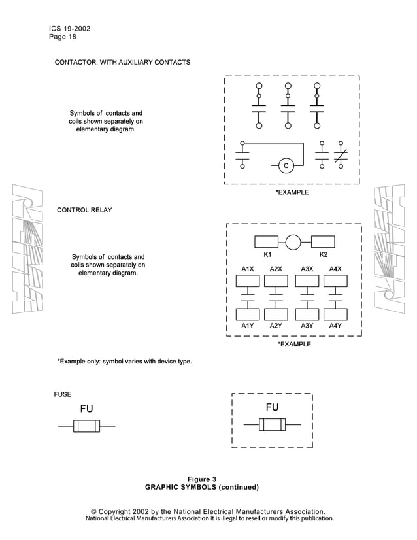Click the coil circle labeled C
coord(286,166)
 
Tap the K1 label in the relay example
coord(267,254)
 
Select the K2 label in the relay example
coord(323,254)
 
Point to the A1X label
coord(248,269)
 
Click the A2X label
coord(276,269)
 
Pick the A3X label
coord(307,269)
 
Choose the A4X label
coord(335,269)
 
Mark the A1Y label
coord(248,325)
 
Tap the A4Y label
coord(335,325)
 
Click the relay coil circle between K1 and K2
coord(293,242)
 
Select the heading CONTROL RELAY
coord(84,210)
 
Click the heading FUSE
coord(62,394)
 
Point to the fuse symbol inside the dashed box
coord(272,425)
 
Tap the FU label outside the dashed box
coord(86,409)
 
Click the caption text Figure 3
coord(202,479)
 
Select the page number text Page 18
coord(62,37)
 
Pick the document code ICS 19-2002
coord(69,29)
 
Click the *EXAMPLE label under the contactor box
coord(292,193)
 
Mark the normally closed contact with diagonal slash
coord(341,156)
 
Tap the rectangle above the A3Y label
coord(307,313)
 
